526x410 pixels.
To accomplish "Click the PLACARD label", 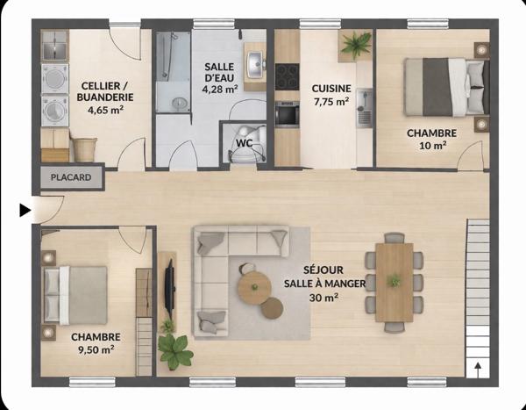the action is click(71, 177).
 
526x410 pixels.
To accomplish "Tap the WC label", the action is click(245, 143).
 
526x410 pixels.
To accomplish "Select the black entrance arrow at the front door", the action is click(25, 210).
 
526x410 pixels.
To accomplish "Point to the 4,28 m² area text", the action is click(220, 90).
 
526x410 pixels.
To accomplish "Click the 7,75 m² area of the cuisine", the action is click(331, 101).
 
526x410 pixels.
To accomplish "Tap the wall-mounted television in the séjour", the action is click(169, 290).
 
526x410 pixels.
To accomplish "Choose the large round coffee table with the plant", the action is click(254, 287).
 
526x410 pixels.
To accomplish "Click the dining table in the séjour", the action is click(394, 283).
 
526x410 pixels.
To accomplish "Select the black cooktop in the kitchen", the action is click(288, 77).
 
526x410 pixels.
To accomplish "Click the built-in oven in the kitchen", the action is click(288, 114).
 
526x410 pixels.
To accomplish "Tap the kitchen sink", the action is click(364, 108).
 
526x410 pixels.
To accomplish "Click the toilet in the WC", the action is click(249, 143).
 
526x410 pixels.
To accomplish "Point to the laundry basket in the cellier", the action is click(84, 149).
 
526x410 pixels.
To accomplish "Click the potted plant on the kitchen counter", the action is click(356, 45).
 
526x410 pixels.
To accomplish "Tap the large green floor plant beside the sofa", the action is click(175, 352).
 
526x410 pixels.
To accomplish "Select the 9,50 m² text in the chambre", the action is click(96, 349).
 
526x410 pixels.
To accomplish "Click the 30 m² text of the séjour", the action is click(323, 298).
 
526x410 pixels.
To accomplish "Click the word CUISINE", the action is click(331, 89).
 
